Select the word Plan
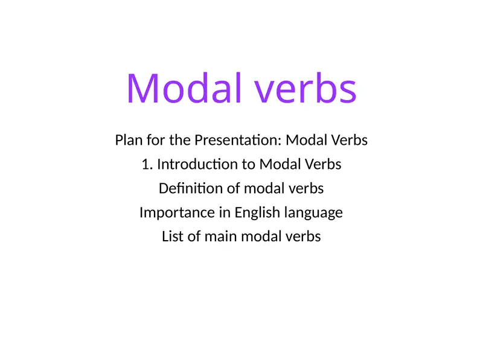[128, 141]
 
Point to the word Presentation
[237, 141]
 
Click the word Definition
[190, 189]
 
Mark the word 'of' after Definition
[234, 189]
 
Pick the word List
[173, 237]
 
